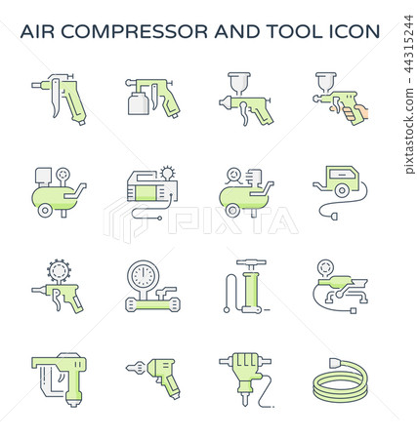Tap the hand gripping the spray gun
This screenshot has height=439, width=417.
point(352,108)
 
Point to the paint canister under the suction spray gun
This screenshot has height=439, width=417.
point(139,101)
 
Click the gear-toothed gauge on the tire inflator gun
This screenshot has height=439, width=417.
point(58,269)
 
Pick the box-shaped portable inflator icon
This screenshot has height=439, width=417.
point(147,191)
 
